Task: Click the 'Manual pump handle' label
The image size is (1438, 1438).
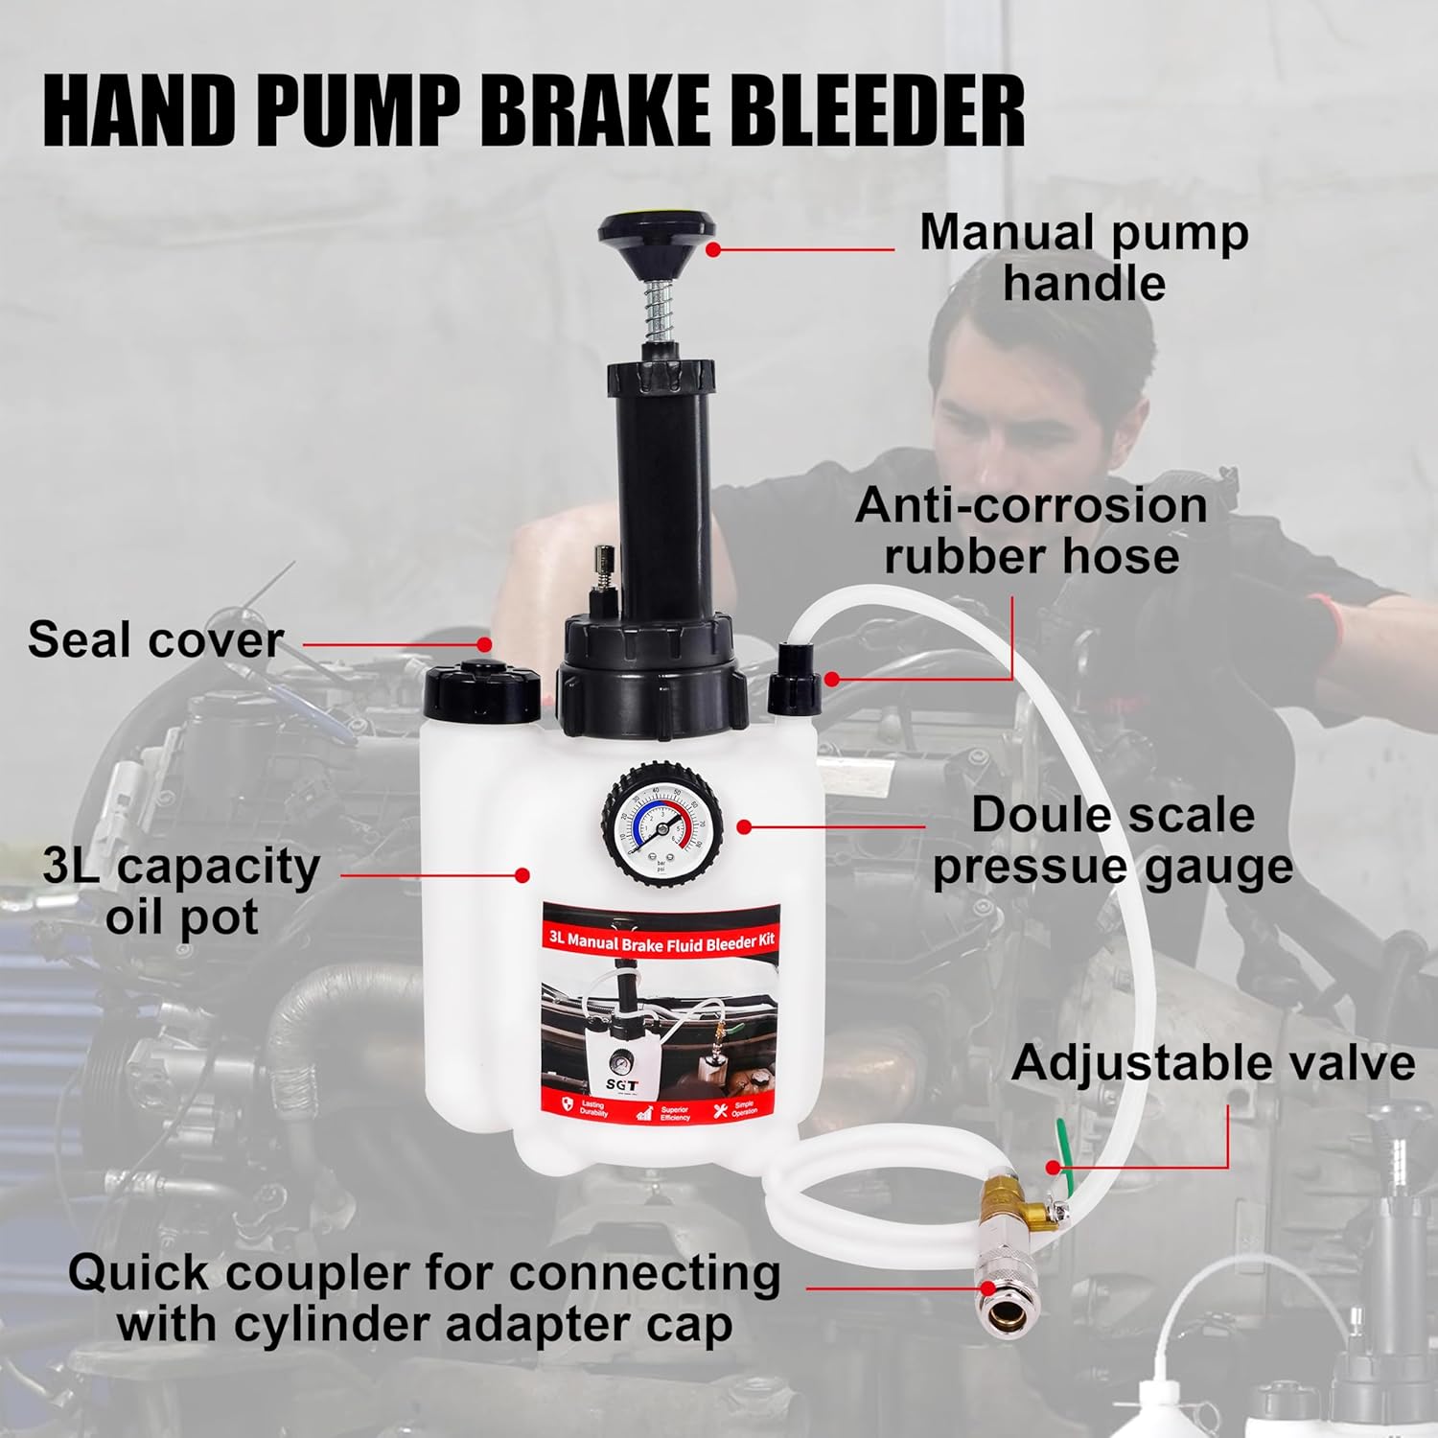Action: tap(1083, 258)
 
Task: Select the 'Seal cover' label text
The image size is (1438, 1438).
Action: tap(155, 639)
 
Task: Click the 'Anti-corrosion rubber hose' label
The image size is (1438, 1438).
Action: tap(1031, 531)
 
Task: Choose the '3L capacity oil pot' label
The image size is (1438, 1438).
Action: tap(181, 892)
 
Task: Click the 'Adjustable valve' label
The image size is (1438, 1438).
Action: tap(1213, 1063)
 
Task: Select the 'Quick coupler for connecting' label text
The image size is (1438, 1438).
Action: tap(424, 1274)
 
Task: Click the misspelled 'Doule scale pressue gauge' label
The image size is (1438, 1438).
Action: tap(1112, 841)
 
